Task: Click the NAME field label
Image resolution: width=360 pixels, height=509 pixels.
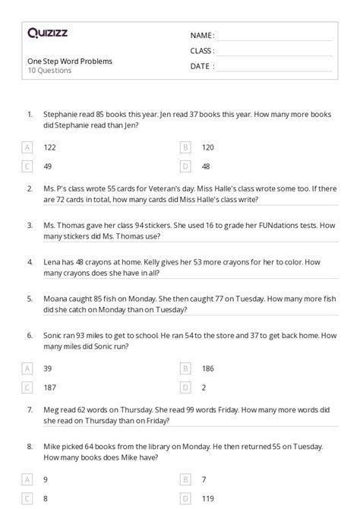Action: [202, 36]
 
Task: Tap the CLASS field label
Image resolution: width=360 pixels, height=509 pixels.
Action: [202, 51]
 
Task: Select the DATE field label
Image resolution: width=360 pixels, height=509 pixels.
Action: [201, 66]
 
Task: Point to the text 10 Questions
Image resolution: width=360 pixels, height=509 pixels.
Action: [49, 71]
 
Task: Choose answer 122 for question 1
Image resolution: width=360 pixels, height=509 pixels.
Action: [50, 147]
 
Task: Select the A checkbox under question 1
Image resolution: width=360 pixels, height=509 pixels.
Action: [27, 147]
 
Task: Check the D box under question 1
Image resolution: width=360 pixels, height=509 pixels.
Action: [185, 166]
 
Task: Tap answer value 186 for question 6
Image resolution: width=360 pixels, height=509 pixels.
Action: [208, 368]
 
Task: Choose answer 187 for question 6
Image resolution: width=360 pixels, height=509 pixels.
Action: [50, 387]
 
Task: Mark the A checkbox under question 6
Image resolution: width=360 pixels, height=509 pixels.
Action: [27, 368]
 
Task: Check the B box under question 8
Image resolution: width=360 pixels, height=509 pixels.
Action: [185, 479]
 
